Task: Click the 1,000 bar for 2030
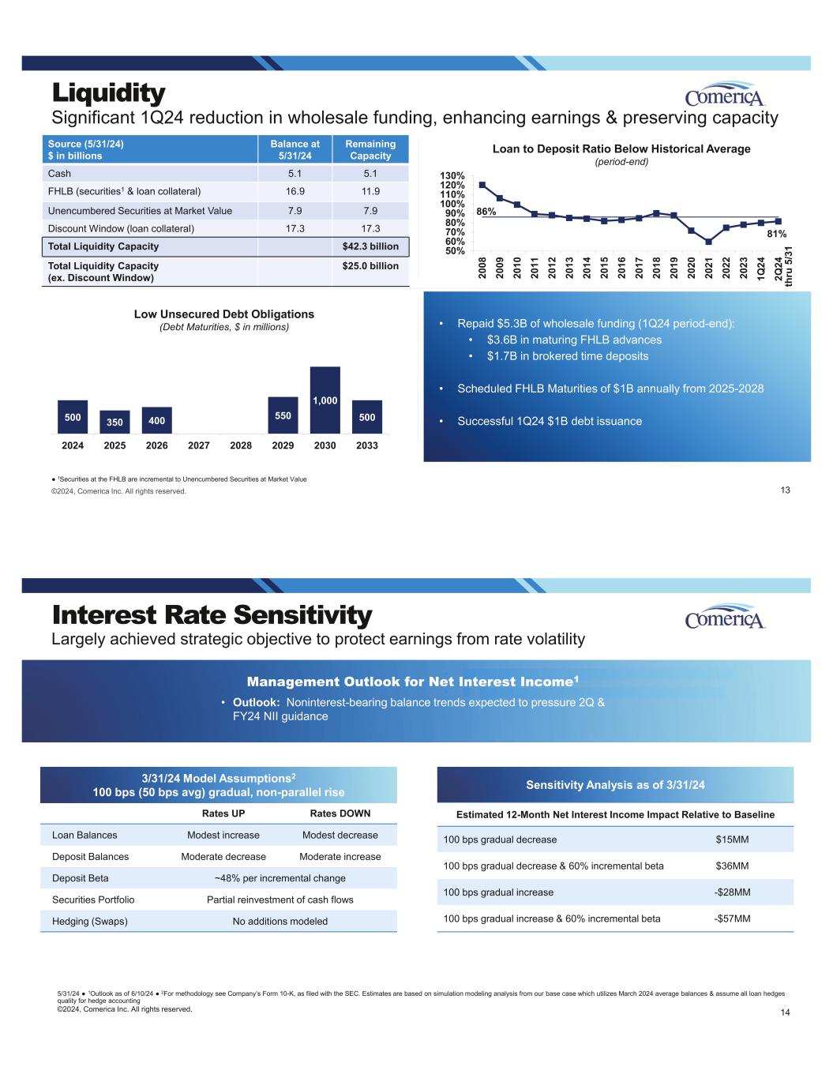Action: click(x=325, y=400)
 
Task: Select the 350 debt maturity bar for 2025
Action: click(x=114, y=422)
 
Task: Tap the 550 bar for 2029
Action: click(x=283, y=415)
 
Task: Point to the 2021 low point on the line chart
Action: click(x=708, y=242)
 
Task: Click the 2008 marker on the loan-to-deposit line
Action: click(x=482, y=186)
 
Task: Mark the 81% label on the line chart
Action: click(x=777, y=234)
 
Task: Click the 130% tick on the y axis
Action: click(x=452, y=175)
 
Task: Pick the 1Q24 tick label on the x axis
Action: click(x=760, y=265)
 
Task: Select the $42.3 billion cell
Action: click(x=370, y=246)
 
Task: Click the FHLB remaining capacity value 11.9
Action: click(x=370, y=191)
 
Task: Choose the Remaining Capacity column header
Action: click(x=370, y=149)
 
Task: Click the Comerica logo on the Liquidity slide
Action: click(x=726, y=95)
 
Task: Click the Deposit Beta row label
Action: click(x=81, y=878)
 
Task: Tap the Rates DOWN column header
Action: click(x=340, y=813)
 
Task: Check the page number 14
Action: click(x=785, y=1012)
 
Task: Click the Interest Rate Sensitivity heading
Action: click(x=212, y=614)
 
